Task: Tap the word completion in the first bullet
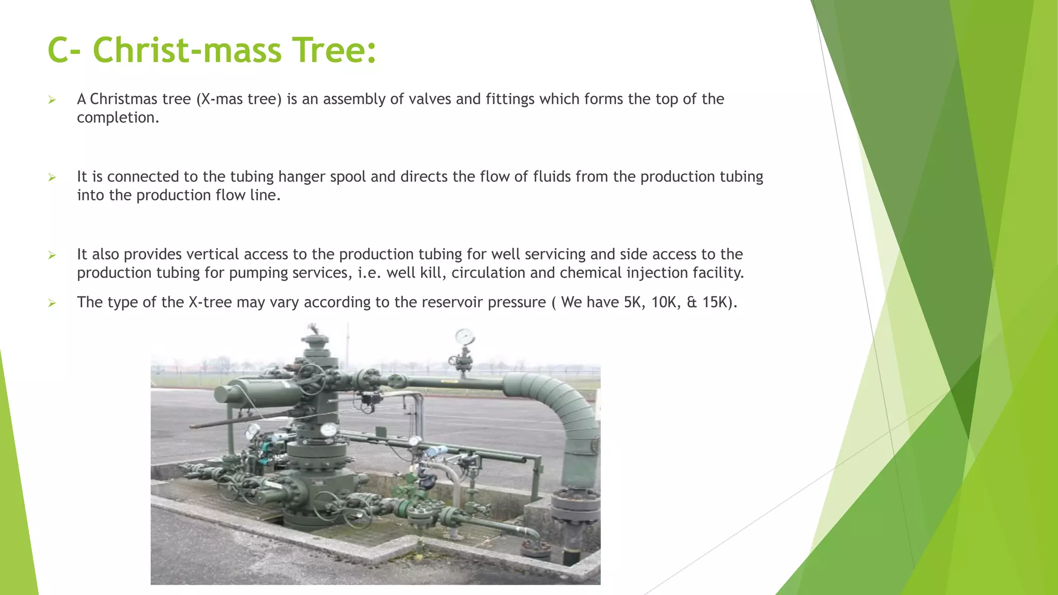[118, 118]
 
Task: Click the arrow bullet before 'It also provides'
[52, 255]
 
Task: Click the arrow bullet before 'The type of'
[52, 303]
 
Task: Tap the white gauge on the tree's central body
[329, 430]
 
